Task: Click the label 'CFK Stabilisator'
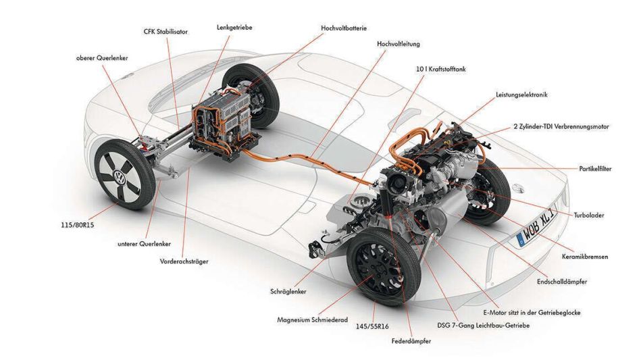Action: [166, 31]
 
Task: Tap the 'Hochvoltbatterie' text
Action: [344, 28]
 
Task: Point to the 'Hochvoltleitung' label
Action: [399, 44]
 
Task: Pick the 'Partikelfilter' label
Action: [595, 169]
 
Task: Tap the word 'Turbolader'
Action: [589, 215]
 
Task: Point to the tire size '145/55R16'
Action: [372, 326]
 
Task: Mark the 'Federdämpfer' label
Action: [411, 341]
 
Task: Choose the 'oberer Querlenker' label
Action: [102, 58]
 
